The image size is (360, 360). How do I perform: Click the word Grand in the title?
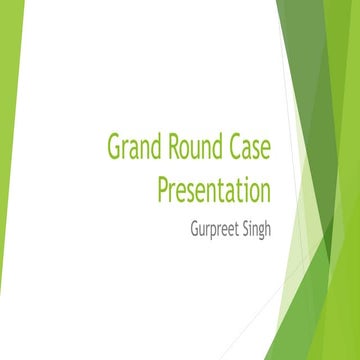(x=133, y=147)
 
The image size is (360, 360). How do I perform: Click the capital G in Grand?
(x=113, y=147)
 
